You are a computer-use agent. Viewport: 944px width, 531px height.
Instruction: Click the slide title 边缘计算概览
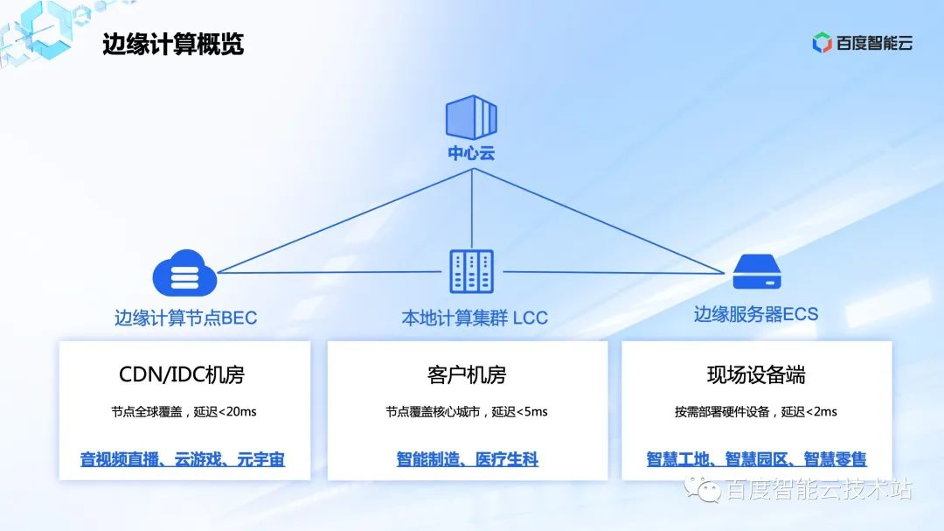click(173, 45)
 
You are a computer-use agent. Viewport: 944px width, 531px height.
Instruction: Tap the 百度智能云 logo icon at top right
click(822, 43)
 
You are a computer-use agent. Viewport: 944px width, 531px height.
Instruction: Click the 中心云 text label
click(471, 153)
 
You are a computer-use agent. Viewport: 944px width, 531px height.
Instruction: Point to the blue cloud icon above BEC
click(184, 273)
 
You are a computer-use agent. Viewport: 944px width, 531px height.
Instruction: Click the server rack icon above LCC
click(471, 272)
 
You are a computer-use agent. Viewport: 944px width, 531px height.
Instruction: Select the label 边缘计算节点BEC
click(185, 318)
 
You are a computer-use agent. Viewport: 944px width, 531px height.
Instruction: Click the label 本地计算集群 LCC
click(474, 318)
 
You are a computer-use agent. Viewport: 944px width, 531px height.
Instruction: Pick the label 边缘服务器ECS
click(756, 314)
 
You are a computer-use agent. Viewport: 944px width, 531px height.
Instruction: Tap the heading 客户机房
click(467, 375)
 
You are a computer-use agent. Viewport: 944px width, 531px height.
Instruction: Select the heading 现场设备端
click(756, 375)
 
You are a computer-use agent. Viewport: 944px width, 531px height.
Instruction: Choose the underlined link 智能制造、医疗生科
click(467, 459)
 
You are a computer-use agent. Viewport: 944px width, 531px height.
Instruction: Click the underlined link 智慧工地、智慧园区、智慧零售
click(756, 459)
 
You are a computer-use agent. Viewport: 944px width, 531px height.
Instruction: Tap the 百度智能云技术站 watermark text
click(818, 490)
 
